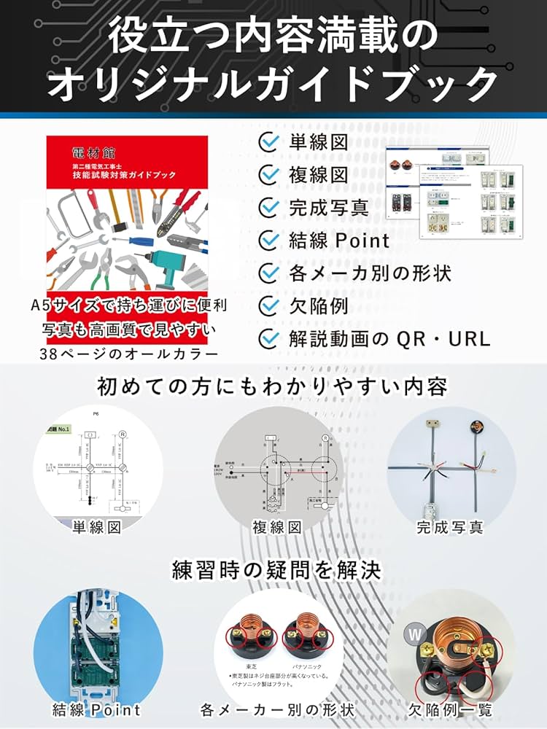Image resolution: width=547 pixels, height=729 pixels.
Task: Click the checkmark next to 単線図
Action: (x=270, y=142)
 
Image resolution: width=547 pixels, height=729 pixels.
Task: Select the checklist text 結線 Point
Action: (x=339, y=240)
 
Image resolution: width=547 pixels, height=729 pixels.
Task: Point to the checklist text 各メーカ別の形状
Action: (x=370, y=273)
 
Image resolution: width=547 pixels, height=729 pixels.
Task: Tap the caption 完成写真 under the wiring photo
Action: (x=450, y=526)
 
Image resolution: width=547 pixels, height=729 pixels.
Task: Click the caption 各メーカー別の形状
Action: (x=277, y=709)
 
